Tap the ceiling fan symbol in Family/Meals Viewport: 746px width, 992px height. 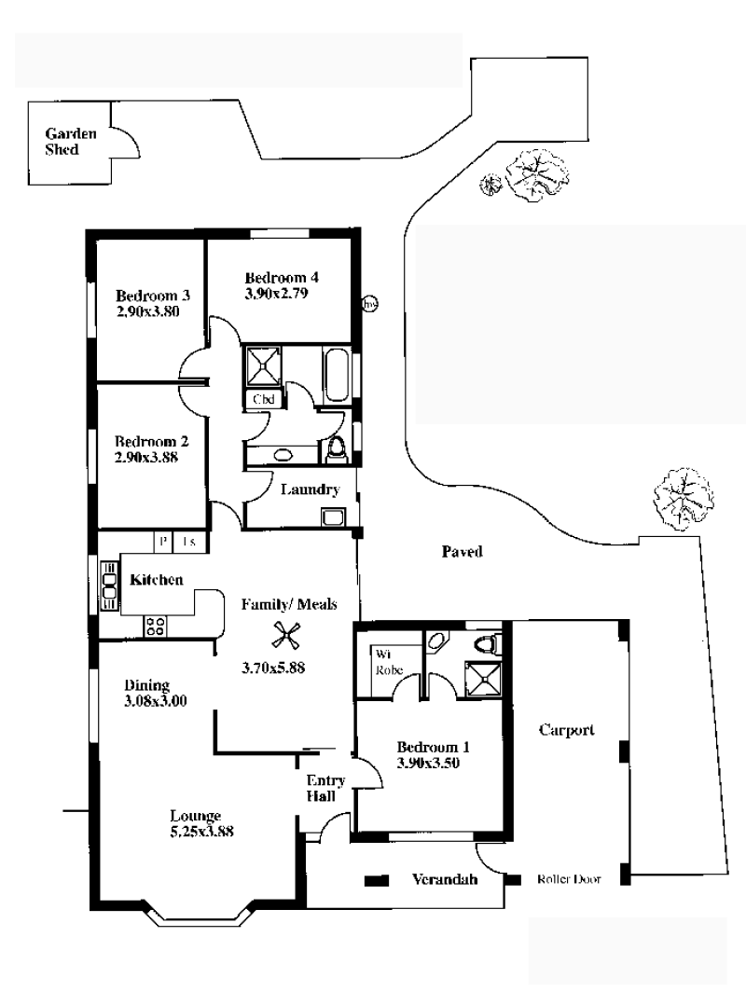pyautogui.click(x=285, y=635)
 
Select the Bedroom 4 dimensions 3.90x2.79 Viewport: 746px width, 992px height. pyautogui.click(x=276, y=293)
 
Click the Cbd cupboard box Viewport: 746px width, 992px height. pyautogui.click(x=263, y=399)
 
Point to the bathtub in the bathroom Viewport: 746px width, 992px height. pyautogui.click(x=337, y=376)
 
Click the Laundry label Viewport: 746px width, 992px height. pyautogui.click(x=310, y=489)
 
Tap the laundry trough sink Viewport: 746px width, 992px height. pyautogui.click(x=333, y=517)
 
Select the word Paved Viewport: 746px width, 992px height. pyautogui.click(x=462, y=552)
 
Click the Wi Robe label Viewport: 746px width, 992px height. pyautogui.click(x=389, y=662)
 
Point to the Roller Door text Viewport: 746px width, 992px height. pyautogui.click(x=569, y=879)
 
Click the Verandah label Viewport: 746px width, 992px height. pyautogui.click(x=444, y=879)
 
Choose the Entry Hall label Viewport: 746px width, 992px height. pyautogui.click(x=325, y=788)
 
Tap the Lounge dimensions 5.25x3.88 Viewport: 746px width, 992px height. pyautogui.click(x=201, y=831)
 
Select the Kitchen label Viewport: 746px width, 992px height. pyautogui.click(x=157, y=580)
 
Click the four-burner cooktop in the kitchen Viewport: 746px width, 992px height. pyautogui.click(x=155, y=627)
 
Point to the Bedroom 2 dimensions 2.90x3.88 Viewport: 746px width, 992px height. pyautogui.click(x=146, y=457)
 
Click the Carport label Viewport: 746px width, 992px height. pyautogui.click(x=566, y=730)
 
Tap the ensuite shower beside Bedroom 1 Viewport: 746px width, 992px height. pyautogui.click(x=483, y=680)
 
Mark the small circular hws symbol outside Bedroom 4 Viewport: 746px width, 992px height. pyautogui.click(x=370, y=304)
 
